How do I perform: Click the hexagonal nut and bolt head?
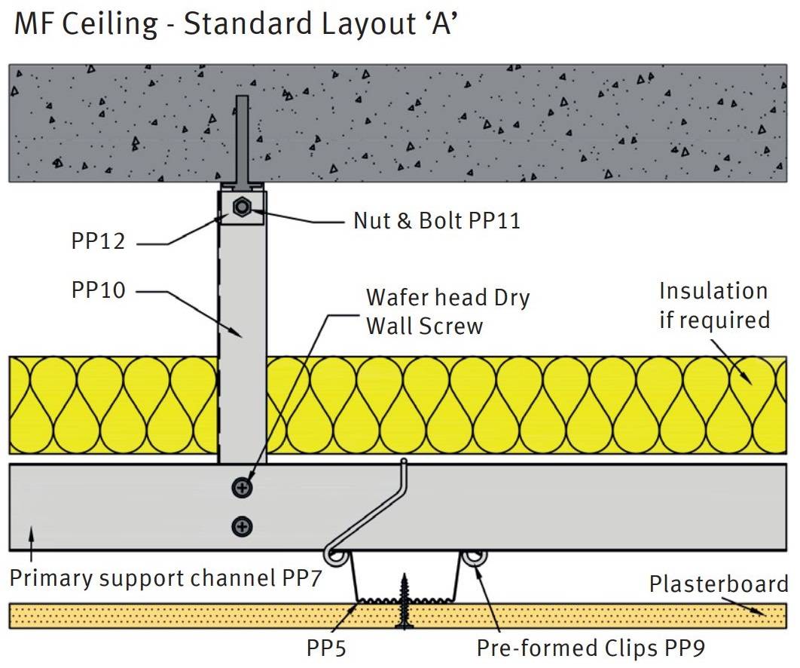coord(242,207)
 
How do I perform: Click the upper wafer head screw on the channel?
coord(243,488)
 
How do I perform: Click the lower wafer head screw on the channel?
coord(243,526)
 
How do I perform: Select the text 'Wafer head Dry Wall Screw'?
coord(447,311)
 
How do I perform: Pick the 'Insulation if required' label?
coord(714,305)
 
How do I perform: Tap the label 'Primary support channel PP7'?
coord(161,579)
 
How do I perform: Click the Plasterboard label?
coord(719,584)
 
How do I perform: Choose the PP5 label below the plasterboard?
coord(326,648)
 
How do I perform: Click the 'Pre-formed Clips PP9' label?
coord(591,648)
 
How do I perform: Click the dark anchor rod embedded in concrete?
coord(242,139)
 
